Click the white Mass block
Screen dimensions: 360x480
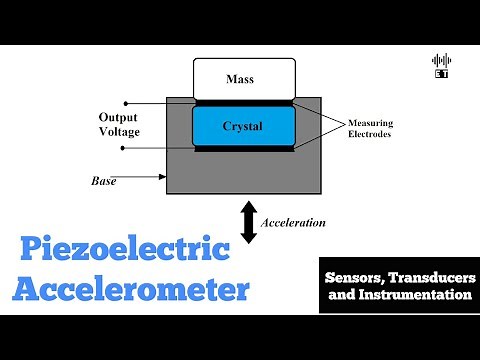tap(244, 77)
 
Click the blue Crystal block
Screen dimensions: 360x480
tap(244, 126)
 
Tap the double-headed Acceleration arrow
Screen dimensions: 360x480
tap(248, 223)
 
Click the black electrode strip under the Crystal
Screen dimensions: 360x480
tap(244, 149)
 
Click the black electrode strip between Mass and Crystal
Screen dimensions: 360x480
tap(244, 102)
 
